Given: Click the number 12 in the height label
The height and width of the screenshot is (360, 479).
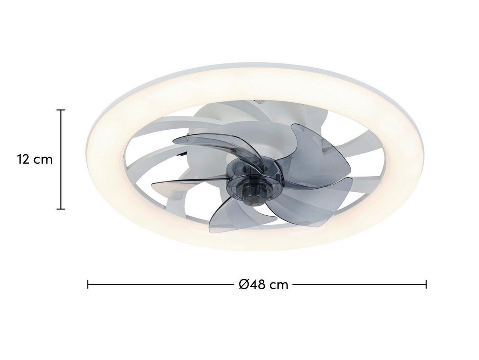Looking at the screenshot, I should [x=23, y=160].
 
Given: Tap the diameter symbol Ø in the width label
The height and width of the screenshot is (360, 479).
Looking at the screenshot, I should [x=244, y=284].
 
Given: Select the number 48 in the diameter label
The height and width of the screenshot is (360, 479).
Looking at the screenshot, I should [x=259, y=284].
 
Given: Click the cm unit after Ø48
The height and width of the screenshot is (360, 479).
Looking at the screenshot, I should [x=279, y=285].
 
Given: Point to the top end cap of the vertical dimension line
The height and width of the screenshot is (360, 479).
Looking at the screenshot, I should [x=61, y=110].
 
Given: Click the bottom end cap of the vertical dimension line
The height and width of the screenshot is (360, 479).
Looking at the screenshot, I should [x=61, y=209].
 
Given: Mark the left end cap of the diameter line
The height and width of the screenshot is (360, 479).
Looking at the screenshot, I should [x=88, y=284].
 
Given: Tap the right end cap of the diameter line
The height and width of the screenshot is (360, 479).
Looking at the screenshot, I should [x=426, y=284].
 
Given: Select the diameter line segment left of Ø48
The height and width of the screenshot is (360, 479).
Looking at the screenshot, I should [x=160, y=284].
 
